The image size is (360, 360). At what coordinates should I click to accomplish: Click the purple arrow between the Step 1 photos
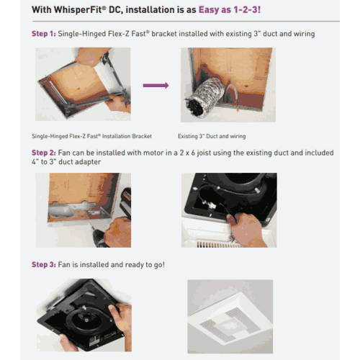[x=156, y=85]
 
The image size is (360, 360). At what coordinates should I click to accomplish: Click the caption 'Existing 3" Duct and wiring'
[x=213, y=135]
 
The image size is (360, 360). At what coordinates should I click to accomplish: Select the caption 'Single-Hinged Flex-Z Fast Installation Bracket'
[x=91, y=135]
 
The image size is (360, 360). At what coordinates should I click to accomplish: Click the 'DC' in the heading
[x=120, y=10]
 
